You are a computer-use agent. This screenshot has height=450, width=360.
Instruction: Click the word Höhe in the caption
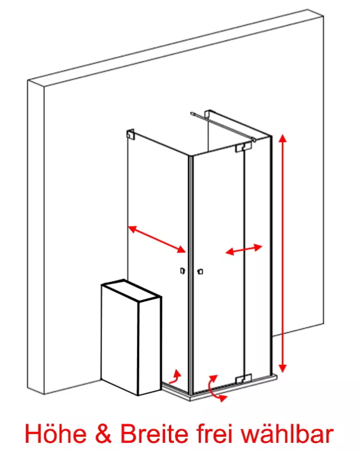[56, 433]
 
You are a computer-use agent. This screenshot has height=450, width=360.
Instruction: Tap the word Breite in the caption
[154, 433]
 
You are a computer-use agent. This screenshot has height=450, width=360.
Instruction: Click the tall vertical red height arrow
[283, 253]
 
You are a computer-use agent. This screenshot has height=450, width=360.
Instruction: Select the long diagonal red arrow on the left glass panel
[157, 239]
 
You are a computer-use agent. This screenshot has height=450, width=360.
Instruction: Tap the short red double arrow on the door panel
[243, 250]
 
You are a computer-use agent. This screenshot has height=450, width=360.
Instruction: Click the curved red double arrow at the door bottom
[213, 388]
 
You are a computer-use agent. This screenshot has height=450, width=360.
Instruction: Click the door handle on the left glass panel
[182, 271]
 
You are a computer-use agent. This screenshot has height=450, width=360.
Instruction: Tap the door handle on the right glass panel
[200, 271]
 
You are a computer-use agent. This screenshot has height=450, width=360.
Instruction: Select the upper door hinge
[243, 147]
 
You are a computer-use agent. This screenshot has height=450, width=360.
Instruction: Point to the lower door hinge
[243, 379]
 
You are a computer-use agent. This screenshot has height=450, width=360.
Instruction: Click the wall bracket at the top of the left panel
[131, 134]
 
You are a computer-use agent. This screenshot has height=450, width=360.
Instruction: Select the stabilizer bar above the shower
[223, 126]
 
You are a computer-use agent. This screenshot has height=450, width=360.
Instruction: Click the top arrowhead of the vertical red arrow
[283, 139]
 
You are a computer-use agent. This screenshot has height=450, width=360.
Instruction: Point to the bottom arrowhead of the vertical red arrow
[283, 368]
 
